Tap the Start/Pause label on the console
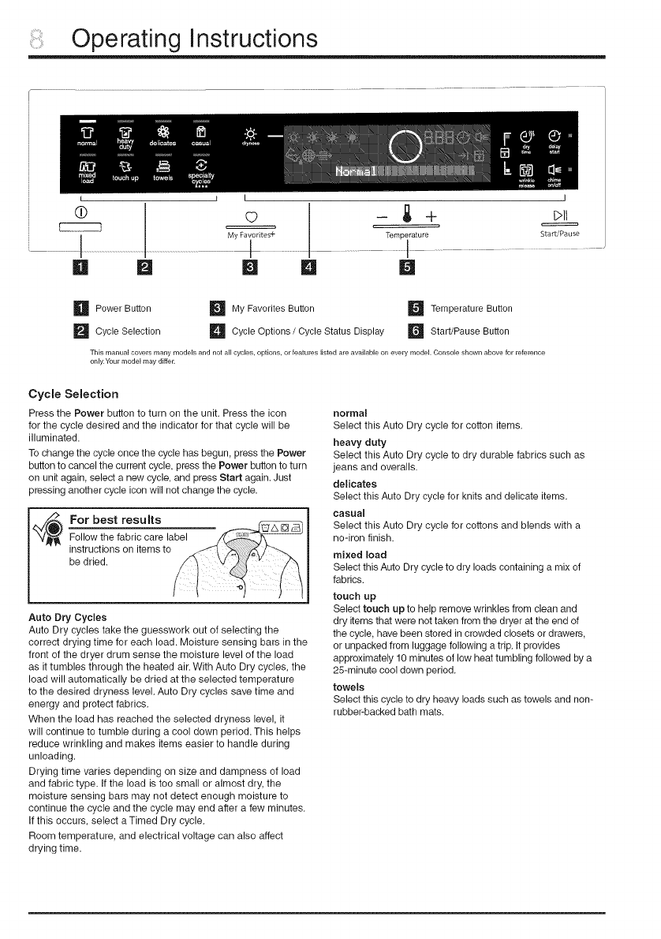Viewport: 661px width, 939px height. (x=560, y=234)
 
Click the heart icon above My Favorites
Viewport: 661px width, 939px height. (x=250, y=217)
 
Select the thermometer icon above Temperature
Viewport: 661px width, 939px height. (x=407, y=214)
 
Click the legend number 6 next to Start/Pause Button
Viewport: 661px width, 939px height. (x=414, y=331)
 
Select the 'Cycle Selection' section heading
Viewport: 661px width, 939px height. (x=72, y=394)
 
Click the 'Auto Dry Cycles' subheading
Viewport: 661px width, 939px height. (x=67, y=616)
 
